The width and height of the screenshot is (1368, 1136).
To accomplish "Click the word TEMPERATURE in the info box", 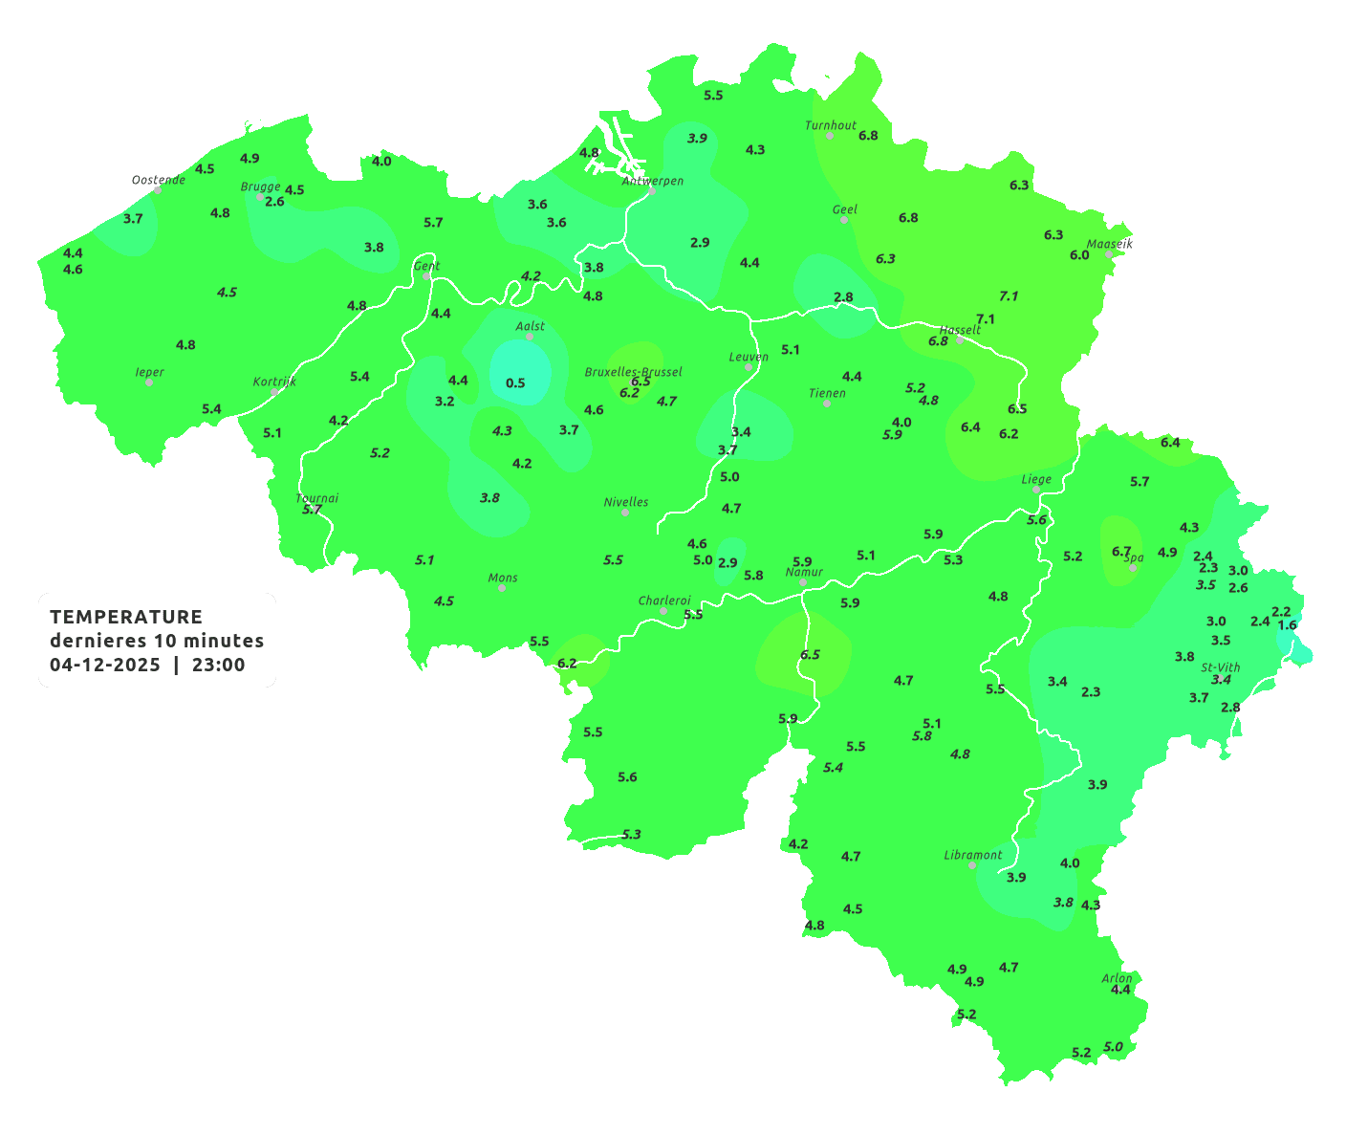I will tap(126, 617).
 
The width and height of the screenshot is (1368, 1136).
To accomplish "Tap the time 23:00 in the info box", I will tap(219, 665).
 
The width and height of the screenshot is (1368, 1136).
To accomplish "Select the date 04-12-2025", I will tap(105, 665).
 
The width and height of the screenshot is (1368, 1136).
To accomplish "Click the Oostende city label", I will tap(158, 180).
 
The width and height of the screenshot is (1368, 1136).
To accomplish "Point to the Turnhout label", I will tap(831, 125).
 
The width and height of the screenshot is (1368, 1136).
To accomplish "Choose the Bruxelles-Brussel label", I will tap(634, 371).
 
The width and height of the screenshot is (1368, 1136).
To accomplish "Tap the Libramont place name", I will tap(973, 855).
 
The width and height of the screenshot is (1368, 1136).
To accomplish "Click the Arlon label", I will tap(1117, 978).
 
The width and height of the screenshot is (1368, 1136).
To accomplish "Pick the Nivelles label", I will tap(626, 502).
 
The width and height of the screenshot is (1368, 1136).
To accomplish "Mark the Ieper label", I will tap(150, 372).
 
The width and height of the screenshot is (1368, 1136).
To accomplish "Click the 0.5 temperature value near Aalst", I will tap(515, 382).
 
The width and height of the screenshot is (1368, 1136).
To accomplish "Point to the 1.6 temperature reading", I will tap(1288, 625).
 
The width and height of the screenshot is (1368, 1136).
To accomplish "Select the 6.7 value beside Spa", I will tap(1121, 551).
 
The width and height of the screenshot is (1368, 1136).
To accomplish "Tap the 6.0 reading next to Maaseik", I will tap(1079, 254).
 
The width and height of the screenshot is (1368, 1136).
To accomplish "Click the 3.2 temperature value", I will tap(445, 401).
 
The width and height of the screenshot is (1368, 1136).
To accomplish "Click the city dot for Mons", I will tap(502, 588).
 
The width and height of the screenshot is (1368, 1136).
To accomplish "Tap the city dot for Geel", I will tap(844, 220).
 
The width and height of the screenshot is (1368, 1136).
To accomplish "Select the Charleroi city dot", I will tap(663, 611).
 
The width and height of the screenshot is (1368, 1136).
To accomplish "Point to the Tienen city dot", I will tap(827, 404).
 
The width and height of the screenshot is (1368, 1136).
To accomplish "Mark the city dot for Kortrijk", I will tap(274, 392).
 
